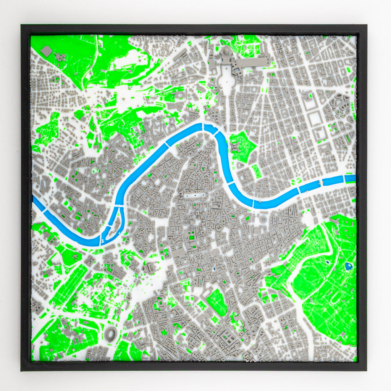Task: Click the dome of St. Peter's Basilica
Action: (226, 51)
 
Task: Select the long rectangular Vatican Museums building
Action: (253, 61)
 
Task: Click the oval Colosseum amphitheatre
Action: (111, 334)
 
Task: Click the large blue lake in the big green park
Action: (349, 266)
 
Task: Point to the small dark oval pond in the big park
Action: (328, 262)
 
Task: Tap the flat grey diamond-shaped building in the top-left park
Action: (47, 51)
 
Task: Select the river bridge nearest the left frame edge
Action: (44, 210)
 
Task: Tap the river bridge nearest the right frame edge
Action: (344, 178)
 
